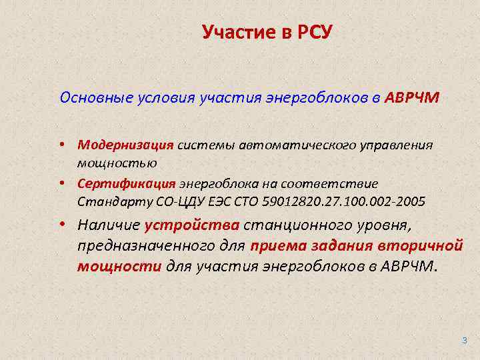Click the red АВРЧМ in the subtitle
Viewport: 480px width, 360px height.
pyautogui.click(x=412, y=99)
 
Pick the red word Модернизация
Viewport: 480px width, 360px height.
pyautogui.click(x=125, y=145)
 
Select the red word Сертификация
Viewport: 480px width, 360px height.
pyautogui.click(x=126, y=183)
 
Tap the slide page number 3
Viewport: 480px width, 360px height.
pyautogui.click(x=464, y=340)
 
